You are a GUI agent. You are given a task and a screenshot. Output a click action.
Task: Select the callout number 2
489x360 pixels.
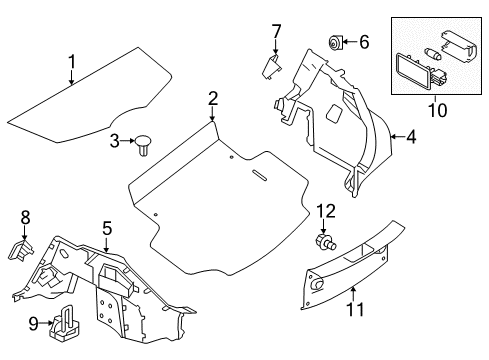[x=213, y=97]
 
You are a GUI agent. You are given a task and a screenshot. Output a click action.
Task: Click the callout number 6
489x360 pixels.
[x=364, y=42]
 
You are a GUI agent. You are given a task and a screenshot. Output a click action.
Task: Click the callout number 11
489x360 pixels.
[x=352, y=318]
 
